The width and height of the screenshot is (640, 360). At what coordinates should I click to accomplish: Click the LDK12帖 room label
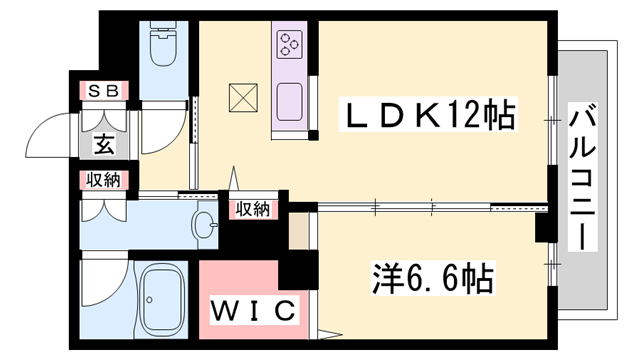(430, 118)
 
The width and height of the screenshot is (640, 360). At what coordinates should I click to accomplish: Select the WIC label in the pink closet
(254, 310)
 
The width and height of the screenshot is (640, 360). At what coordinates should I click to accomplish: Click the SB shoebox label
(103, 92)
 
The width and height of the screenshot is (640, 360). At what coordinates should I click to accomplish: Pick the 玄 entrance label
(102, 144)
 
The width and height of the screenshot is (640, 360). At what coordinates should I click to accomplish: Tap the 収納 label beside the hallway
(102, 181)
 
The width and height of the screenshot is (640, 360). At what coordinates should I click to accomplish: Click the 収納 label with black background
(252, 209)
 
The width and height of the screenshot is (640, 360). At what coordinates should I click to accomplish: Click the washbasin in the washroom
(204, 224)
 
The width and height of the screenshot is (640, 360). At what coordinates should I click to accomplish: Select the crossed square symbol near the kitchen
(243, 97)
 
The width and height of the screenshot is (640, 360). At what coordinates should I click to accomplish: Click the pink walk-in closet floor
(240, 280)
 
